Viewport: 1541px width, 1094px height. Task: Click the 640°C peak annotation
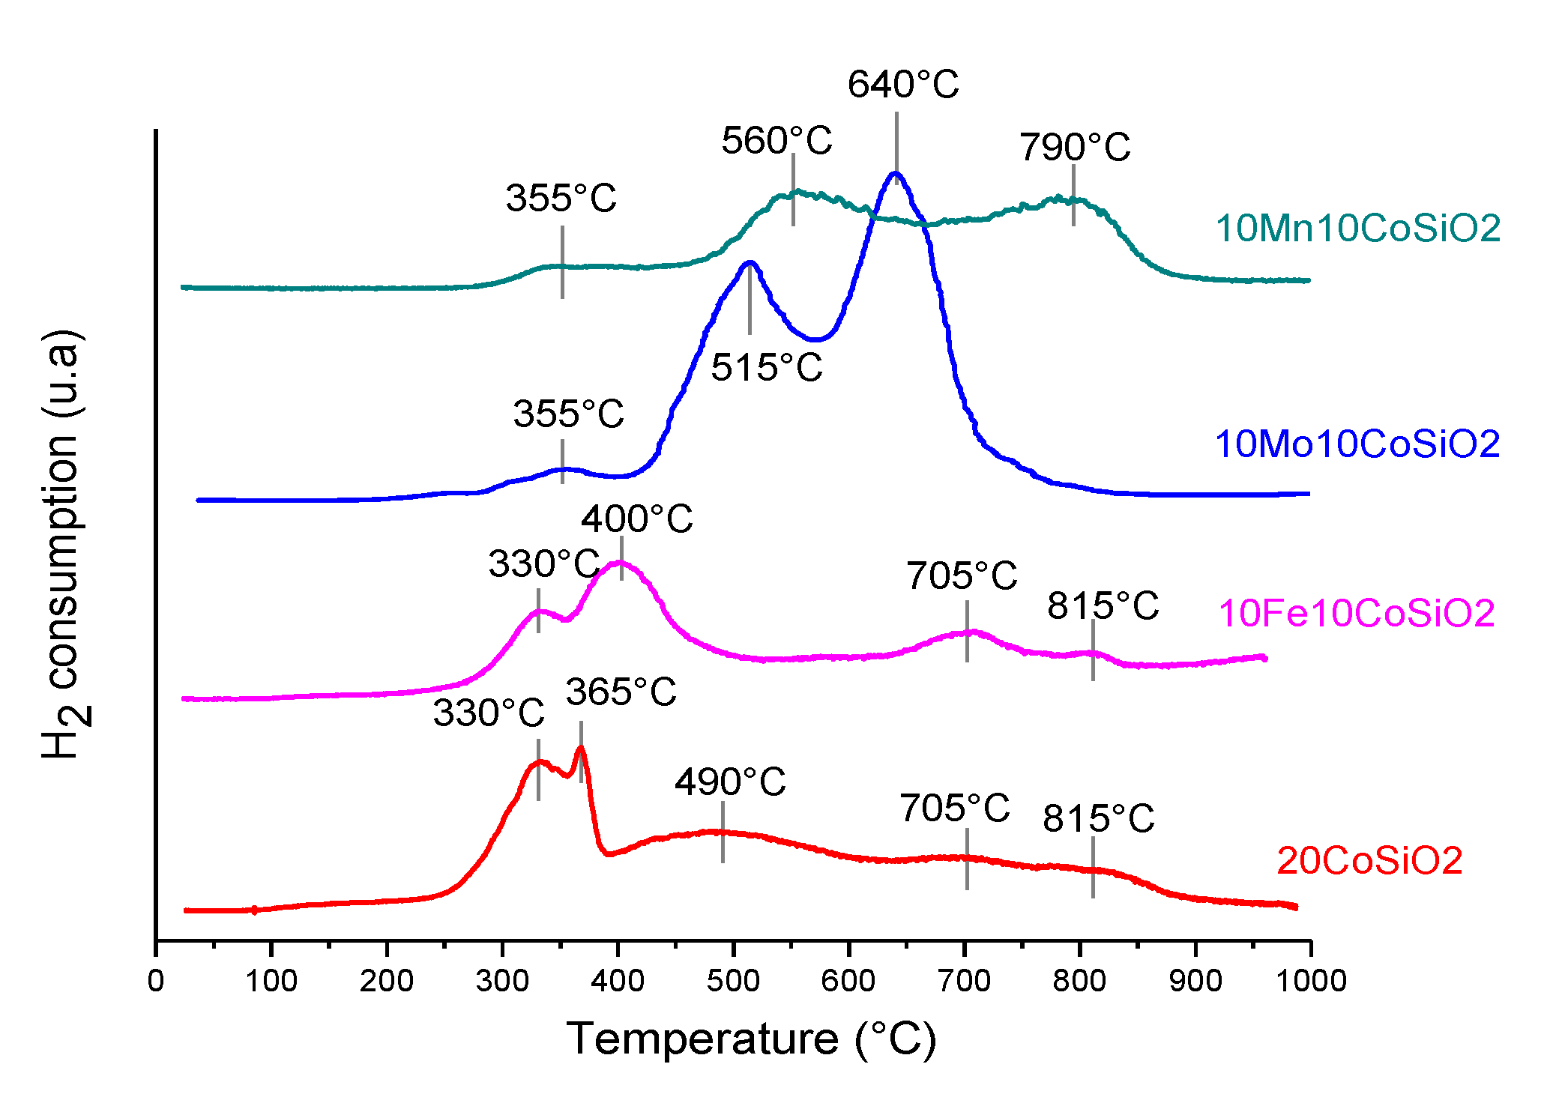point(903,85)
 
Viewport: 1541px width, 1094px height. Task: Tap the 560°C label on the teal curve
point(776,141)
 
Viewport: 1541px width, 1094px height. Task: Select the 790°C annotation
point(1074,147)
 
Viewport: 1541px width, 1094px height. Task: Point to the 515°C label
point(766,368)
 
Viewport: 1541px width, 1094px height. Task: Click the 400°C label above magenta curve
point(637,519)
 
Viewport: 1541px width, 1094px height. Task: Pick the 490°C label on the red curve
point(730,782)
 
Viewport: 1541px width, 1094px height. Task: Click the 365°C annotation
point(621,692)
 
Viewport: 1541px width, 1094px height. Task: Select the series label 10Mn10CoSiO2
point(1357,229)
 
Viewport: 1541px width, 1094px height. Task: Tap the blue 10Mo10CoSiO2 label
point(1357,444)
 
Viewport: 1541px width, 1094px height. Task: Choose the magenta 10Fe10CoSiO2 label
point(1357,613)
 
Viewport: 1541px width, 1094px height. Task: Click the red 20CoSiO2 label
point(1369,861)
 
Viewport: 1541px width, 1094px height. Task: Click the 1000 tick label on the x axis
point(1310,981)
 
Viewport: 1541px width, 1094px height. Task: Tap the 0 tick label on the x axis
point(156,981)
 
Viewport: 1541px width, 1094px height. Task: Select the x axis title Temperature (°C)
point(751,1039)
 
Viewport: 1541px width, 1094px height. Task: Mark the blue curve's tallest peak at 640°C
point(896,174)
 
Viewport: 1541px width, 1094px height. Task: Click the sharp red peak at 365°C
point(581,748)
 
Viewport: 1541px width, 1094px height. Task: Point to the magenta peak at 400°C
point(621,562)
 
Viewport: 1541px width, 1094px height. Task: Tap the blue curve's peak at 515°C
point(750,262)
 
